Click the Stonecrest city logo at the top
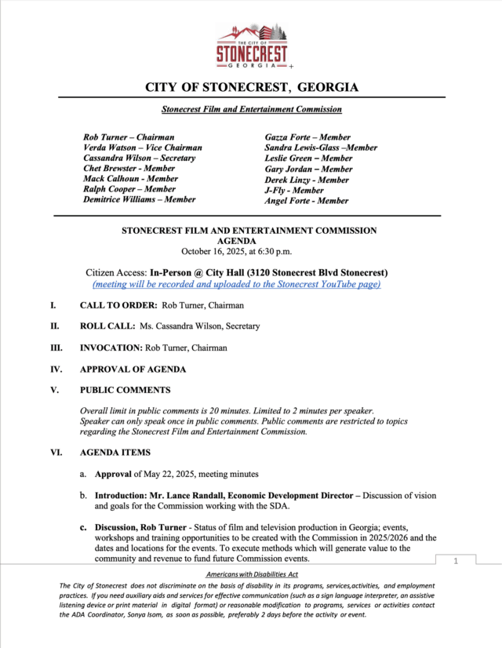pyautogui.click(x=251, y=46)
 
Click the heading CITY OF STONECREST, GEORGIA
pyautogui.click(x=252, y=86)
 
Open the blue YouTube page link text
pyautogui.click(x=236, y=284)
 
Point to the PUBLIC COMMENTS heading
pyautogui.click(x=125, y=390)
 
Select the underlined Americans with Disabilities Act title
pyautogui.click(x=252, y=576)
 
